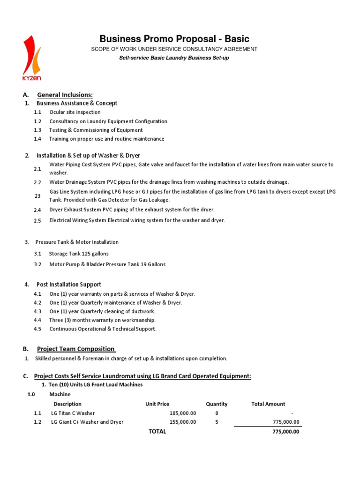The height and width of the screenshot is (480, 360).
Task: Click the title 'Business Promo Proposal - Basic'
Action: coord(174,39)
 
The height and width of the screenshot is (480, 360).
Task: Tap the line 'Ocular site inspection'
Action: coord(75,112)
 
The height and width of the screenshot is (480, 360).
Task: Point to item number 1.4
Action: coord(37,139)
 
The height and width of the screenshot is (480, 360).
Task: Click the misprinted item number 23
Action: coord(37,196)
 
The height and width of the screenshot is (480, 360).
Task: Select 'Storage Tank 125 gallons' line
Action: coord(79,254)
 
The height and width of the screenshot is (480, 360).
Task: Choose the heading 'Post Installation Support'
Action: coord(69,285)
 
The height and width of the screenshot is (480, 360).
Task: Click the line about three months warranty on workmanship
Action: coord(102,320)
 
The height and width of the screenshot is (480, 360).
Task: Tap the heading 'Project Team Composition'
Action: coord(76,349)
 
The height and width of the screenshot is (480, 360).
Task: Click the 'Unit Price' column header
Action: coord(157,404)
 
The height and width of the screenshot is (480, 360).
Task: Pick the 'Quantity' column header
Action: coord(217,404)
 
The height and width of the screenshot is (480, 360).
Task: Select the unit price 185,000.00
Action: coord(183,413)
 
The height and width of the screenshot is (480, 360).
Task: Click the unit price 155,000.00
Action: coord(183,422)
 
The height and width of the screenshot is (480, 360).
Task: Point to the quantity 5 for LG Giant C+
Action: coord(217,422)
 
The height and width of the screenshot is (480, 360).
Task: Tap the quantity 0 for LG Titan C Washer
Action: coord(217,413)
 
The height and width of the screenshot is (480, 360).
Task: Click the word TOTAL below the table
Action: coord(157,432)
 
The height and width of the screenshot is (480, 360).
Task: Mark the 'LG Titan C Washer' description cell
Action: coord(73,413)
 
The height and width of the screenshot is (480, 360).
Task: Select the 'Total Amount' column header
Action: coord(268,404)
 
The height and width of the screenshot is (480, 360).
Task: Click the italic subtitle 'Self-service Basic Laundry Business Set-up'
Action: coord(173,58)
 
